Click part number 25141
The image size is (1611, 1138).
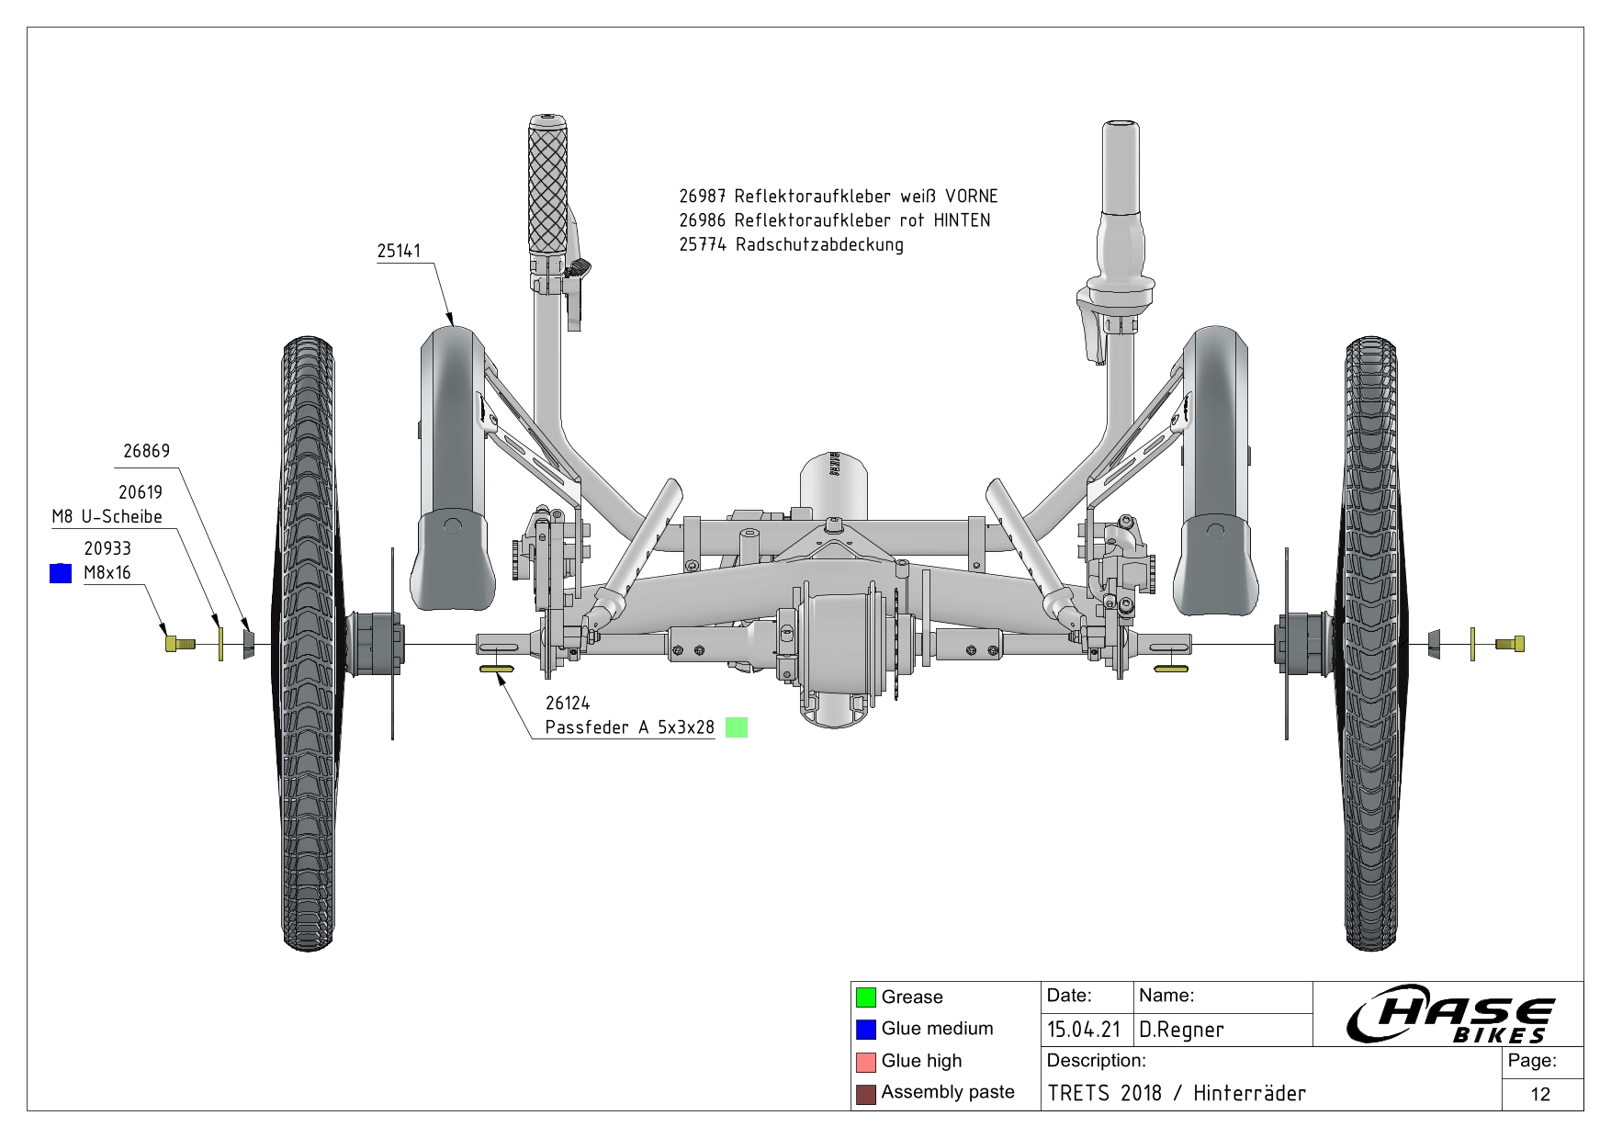coord(399,252)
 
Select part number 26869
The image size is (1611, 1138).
coord(147,451)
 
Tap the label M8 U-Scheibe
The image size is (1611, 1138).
coord(107,517)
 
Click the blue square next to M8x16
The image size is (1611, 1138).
coord(61,573)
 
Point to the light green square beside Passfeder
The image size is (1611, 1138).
coord(737,727)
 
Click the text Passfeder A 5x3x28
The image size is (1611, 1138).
coord(629,727)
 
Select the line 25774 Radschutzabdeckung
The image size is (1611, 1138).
coord(791,245)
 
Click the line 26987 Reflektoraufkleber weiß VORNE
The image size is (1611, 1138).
coord(838,197)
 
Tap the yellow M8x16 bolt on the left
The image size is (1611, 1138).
coord(178,643)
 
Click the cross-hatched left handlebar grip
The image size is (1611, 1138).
coord(550,188)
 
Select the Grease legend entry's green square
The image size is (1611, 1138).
coord(865,997)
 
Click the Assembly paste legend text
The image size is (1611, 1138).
coord(948,1092)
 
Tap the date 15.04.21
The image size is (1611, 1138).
coord(1084,1030)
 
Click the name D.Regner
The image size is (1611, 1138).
coord(1181,1030)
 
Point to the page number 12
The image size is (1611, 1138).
coord(1540,1094)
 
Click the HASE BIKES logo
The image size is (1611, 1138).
coord(1449,1015)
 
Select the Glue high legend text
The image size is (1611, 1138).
coord(921,1061)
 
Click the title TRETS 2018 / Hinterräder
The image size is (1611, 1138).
coord(1177,1093)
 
